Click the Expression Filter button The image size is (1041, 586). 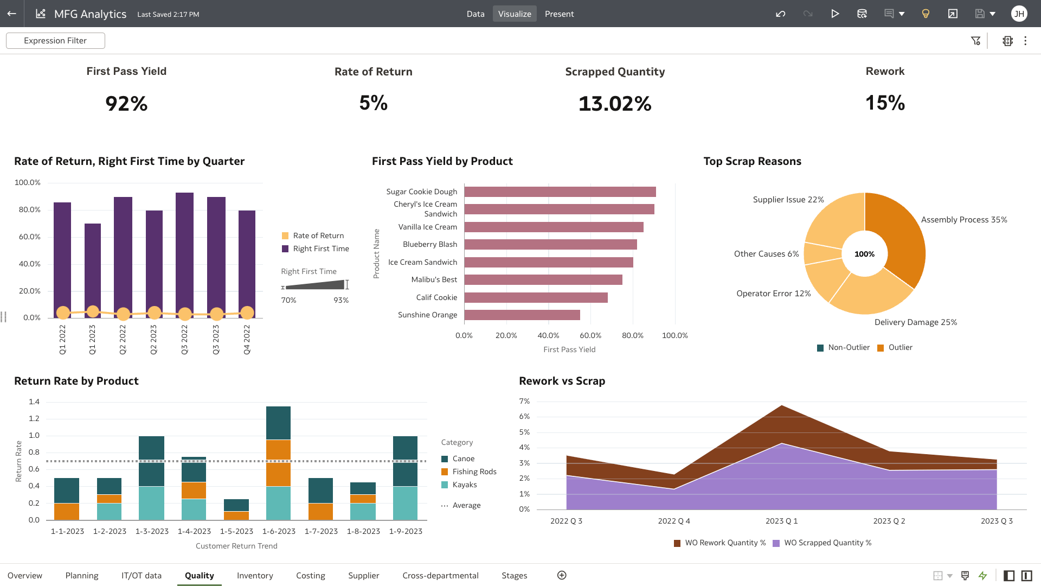(55, 41)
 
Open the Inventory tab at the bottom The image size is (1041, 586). (255, 576)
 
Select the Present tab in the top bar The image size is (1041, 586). (559, 14)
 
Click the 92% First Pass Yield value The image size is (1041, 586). (126, 104)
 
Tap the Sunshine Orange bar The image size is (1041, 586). (522, 315)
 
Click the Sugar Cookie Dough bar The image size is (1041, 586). (560, 192)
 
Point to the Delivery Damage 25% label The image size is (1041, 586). (915, 322)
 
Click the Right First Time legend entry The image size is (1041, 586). (320, 249)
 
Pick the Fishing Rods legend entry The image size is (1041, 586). (474, 472)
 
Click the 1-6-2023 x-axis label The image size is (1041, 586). (279, 531)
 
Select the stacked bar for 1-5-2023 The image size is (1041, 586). (236, 509)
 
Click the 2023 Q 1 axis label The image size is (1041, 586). (781, 521)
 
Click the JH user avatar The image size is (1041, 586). (1019, 14)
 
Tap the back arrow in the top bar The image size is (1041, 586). (11, 14)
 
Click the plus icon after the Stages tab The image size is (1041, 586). (562, 575)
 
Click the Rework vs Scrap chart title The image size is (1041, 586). (562, 381)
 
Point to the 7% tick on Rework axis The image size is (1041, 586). (524, 401)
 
